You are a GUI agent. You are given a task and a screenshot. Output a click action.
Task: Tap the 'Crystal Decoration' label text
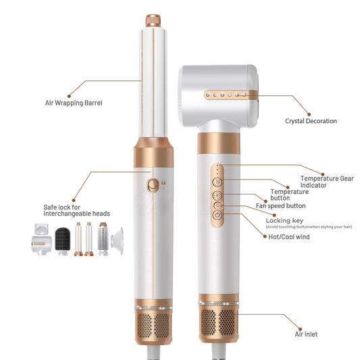[x=311, y=121]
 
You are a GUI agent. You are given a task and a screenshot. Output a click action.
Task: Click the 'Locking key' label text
[x=284, y=220]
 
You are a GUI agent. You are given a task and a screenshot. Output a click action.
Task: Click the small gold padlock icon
[x=162, y=182]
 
